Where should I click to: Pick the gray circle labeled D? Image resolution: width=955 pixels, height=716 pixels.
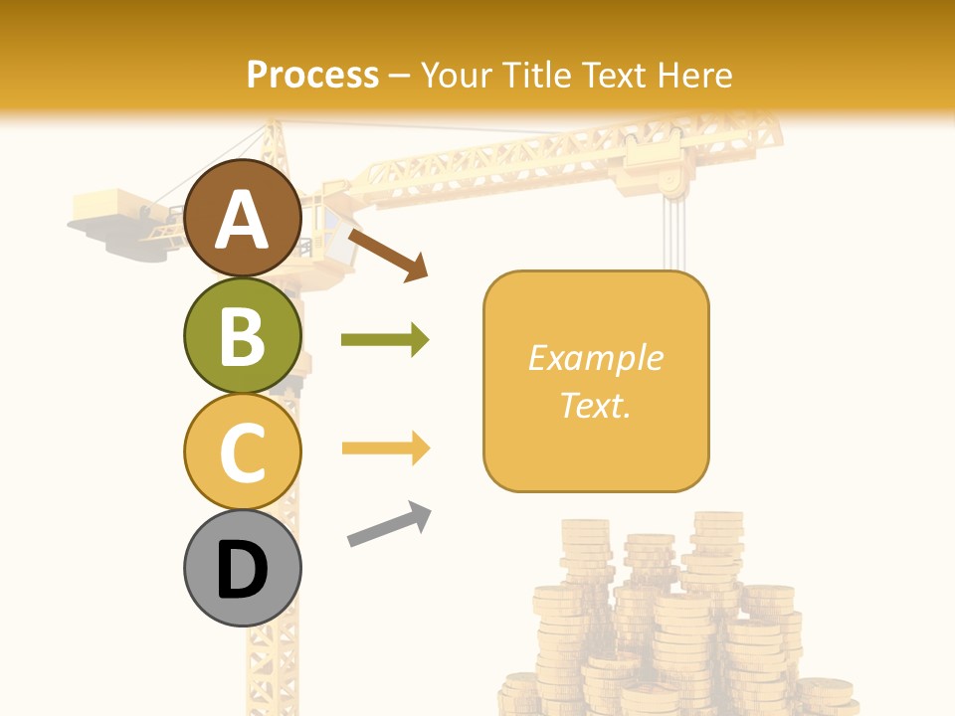242,568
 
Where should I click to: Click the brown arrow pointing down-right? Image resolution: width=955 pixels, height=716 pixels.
388,256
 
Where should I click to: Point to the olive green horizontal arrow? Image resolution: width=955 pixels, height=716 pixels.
385,340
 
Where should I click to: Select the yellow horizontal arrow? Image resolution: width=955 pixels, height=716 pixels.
385,448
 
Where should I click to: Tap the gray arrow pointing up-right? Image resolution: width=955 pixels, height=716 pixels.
389,524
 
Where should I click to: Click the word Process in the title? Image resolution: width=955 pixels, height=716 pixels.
312,75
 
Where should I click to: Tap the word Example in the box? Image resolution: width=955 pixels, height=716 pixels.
595,358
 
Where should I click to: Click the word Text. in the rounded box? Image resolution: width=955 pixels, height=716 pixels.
595,405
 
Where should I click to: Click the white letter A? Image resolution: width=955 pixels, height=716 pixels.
242,220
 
